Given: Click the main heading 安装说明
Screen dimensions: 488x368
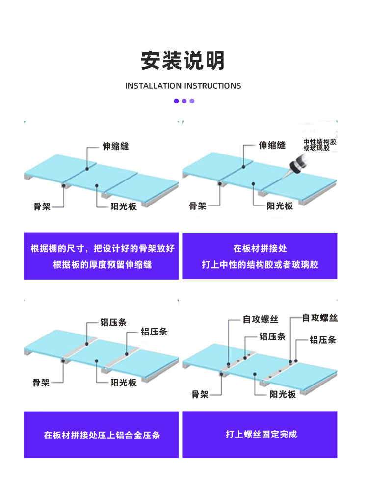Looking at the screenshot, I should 183,61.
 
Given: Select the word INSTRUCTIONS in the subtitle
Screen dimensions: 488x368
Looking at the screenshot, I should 212,86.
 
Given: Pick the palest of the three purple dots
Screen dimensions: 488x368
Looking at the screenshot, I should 192,101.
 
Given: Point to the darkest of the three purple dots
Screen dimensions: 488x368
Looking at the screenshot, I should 176,101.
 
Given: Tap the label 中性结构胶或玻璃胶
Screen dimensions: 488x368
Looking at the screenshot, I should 320,145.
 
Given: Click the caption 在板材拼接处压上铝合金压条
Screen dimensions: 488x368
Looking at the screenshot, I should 102,435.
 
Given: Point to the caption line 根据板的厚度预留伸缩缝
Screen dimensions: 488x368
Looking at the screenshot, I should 102,265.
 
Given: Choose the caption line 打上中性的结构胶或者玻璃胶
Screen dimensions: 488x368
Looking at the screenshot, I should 260,265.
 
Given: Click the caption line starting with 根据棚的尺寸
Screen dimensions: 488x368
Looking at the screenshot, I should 102,248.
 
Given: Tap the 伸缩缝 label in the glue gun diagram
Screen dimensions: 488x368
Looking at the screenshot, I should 272,145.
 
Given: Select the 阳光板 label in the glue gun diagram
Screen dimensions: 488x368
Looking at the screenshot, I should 280,206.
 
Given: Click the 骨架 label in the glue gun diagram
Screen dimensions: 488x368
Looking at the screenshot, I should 197,206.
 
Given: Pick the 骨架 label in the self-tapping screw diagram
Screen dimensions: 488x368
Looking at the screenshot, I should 200,394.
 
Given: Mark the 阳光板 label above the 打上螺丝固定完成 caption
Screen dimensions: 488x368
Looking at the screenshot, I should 283,394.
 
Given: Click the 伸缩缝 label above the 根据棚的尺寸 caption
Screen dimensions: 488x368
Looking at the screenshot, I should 115,146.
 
